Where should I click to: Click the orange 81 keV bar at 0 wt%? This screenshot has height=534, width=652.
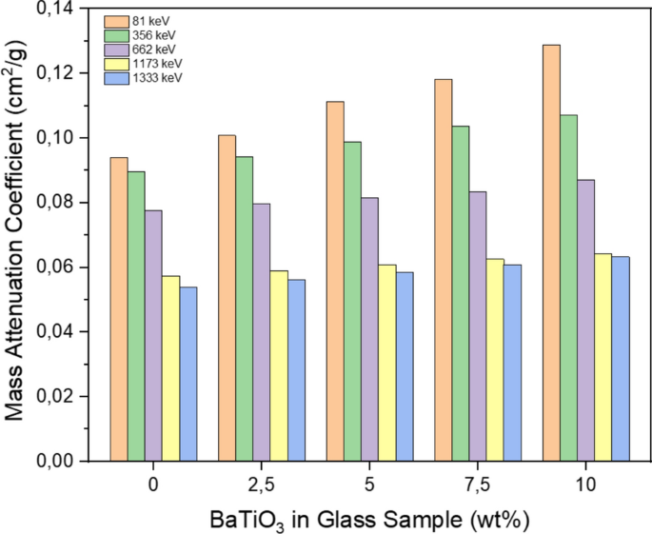tap(118, 309)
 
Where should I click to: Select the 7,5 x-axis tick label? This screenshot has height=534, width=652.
tap(477, 485)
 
